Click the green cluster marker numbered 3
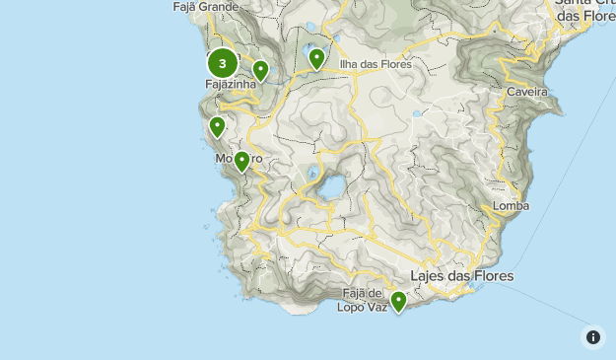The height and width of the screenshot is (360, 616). pos(223,64)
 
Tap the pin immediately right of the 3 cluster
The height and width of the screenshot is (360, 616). pos(260,70)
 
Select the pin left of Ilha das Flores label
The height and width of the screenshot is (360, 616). pos(316,58)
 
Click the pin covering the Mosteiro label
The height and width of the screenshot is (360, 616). pos(241,161)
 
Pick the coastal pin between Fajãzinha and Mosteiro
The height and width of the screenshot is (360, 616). pos(218,127)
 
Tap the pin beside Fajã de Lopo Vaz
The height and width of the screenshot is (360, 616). pos(398,301)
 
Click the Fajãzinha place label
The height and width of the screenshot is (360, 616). pos(231,85)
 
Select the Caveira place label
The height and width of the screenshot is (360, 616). pos(527,92)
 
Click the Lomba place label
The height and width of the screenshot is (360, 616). pos(512,206)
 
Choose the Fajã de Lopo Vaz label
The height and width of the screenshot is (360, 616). pos(363,300)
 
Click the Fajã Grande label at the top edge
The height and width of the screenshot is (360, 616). pos(205,7)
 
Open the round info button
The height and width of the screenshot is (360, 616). pos(593,337)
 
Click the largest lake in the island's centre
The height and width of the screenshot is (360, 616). pos(334,186)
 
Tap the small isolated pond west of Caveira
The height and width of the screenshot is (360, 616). pos(417,114)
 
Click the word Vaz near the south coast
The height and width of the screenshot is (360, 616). pos(377,307)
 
